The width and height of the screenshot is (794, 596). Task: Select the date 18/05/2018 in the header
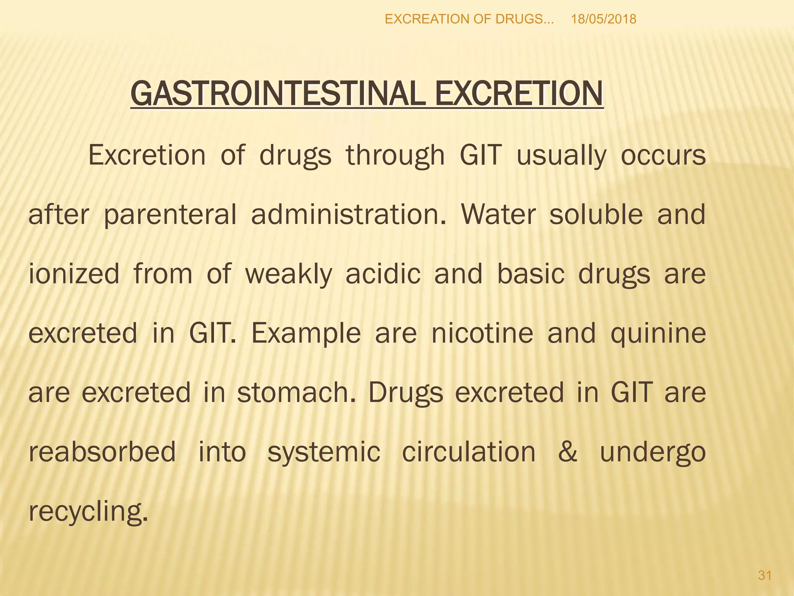(604, 19)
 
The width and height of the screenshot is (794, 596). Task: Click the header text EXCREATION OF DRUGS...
(469, 19)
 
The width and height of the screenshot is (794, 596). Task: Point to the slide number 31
(765, 575)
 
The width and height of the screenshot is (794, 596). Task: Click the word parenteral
(170, 215)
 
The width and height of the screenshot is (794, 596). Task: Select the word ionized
(74, 274)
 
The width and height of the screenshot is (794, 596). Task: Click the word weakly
(289, 275)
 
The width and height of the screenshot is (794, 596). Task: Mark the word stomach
(297, 392)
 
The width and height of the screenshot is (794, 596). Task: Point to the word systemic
(324, 453)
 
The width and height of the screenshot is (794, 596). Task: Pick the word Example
(306, 334)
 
